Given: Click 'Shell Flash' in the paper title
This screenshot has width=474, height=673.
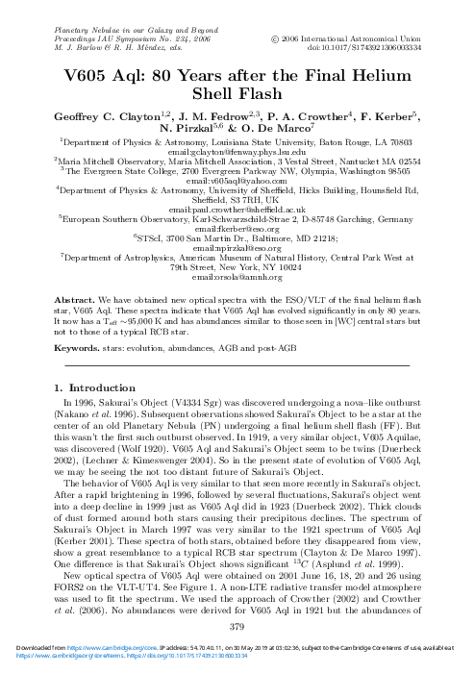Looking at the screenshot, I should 237,71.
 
